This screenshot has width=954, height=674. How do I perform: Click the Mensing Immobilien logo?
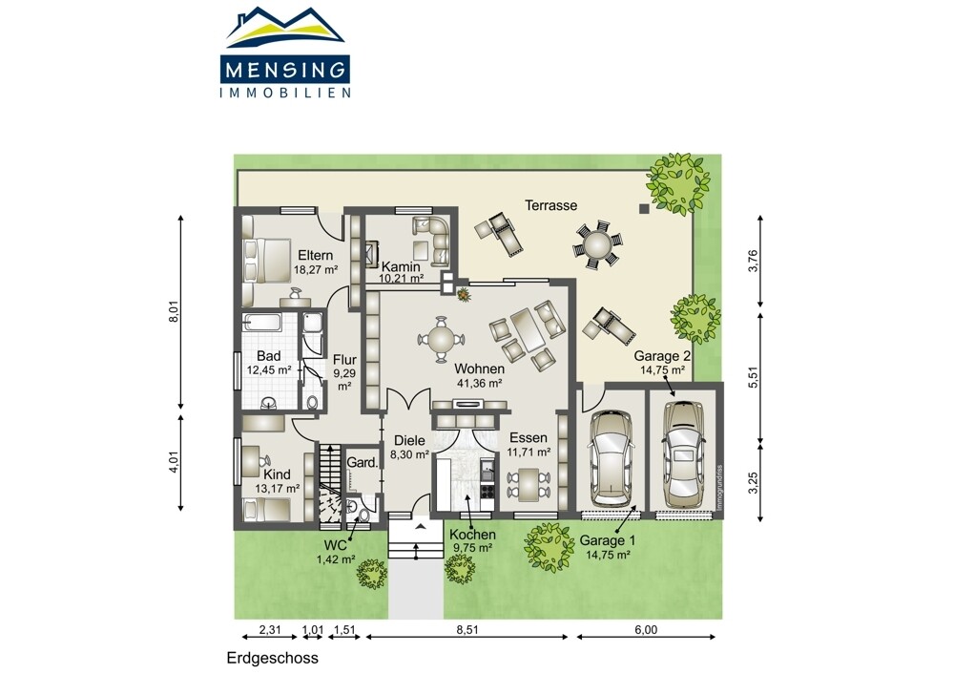point(284,53)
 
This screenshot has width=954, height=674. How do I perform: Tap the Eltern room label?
point(315,256)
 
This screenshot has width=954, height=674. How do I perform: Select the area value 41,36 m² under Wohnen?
point(479,384)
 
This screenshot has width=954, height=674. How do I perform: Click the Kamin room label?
point(401,266)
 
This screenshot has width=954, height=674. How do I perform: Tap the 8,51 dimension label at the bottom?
point(467,630)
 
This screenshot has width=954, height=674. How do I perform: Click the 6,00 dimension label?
point(646,630)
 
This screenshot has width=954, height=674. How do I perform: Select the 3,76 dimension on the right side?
point(754,262)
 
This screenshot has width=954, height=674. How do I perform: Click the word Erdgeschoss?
point(273,658)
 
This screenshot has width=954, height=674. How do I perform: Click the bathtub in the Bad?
point(262,323)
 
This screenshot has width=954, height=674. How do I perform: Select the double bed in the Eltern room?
point(267,260)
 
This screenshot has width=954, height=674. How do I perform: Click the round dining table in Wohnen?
point(441,339)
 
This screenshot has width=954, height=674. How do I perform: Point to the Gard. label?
point(362,463)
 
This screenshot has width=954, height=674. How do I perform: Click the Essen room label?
point(529,438)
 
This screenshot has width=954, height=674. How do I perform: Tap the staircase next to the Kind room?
point(330,482)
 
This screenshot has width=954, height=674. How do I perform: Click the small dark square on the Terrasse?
point(644,209)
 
